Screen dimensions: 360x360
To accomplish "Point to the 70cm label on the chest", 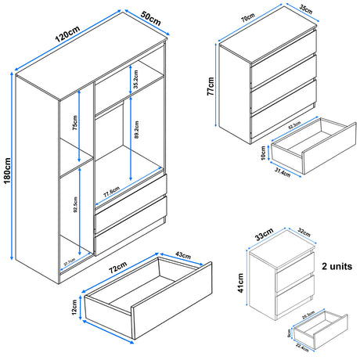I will (x=247, y=18).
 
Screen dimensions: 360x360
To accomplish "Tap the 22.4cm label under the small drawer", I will (x=306, y=350).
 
